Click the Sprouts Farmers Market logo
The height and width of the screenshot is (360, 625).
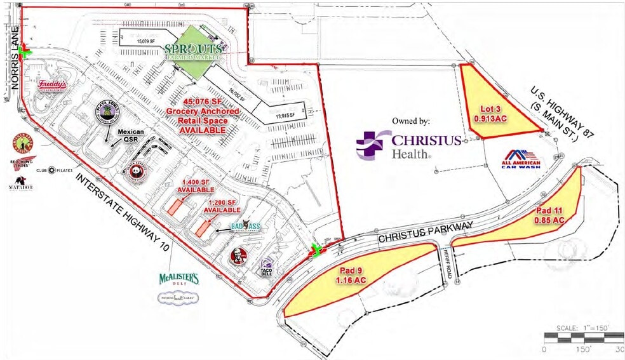pos(194,50)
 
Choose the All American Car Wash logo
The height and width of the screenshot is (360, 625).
pos(521,159)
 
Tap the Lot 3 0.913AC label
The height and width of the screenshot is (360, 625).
pos(489,112)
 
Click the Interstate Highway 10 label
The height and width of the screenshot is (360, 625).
pos(123,217)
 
